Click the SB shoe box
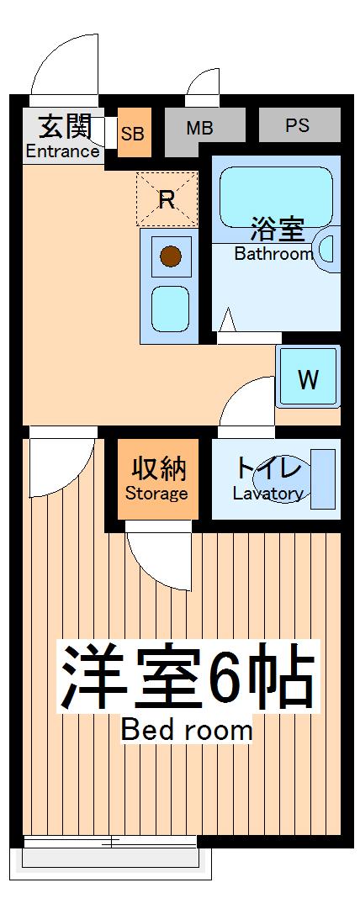tap(133, 134)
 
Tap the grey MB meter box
tap(199, 128)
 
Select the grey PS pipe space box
tap(298, 125)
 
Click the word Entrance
tap(62, 151)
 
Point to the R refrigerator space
tap(167, 199)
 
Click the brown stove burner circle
tap(172, 254)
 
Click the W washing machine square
tap(308, 379)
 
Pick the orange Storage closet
tap(156, 478)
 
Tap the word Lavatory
tap(267, 494)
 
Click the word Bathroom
tap(273, 254)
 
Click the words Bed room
tap(187, 729)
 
